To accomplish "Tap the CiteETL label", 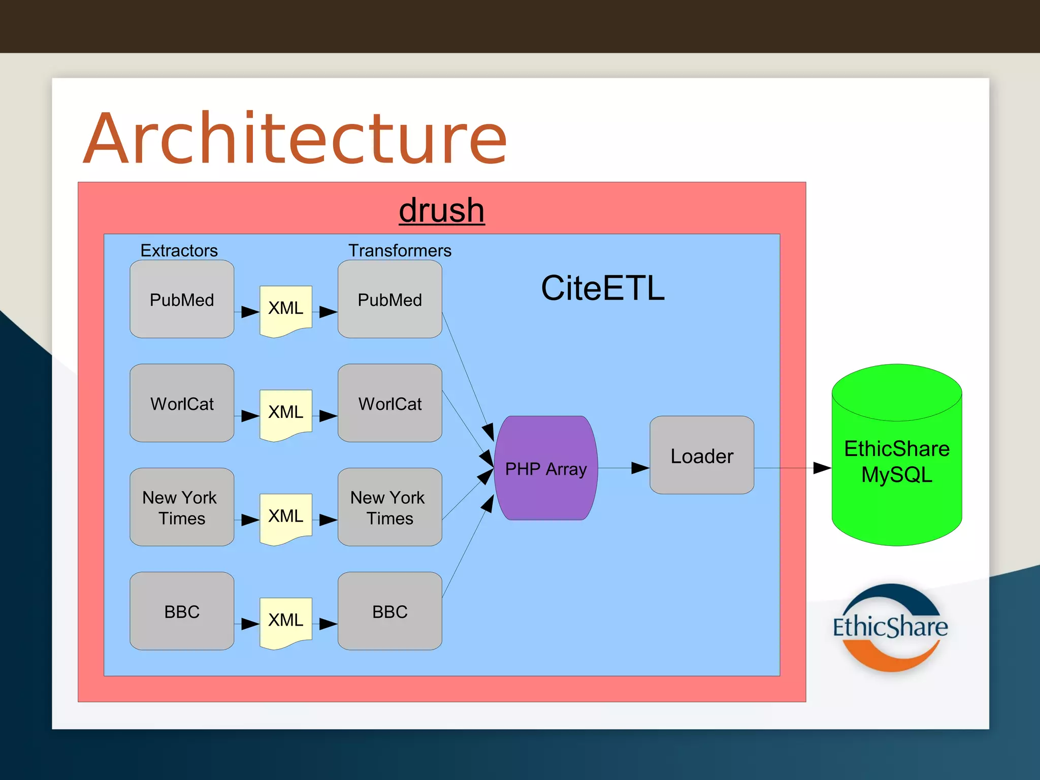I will pos(602,288).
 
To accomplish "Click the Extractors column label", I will pos(179,250).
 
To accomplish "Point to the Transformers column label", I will pos(400,250).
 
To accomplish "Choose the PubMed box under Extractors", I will pos(182,299).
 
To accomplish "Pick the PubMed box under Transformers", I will pos(389,299).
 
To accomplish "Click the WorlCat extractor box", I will pos(182,403).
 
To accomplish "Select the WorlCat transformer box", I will pos(389,403).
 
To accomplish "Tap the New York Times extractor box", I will pos(182,507).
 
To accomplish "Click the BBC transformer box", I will pos(389,611).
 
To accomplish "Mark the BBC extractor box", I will pos(182,611).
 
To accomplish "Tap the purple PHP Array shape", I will pos(545,468).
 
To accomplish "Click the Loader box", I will pos(702,455).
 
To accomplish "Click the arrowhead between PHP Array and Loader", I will pos(640,468).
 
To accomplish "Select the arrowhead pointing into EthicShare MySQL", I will pos(822,468).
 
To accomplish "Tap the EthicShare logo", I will pos(890,628).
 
